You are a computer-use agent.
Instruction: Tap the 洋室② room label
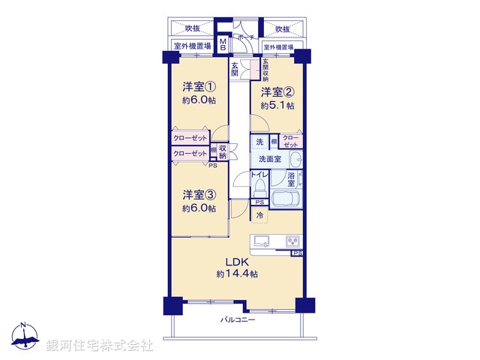pos(277,93)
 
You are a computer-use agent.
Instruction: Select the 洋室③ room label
pos(199,195)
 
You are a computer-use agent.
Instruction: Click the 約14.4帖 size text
pos(238,274)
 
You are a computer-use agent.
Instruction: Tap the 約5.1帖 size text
pos(277,106)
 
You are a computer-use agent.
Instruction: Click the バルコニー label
pos(238,320)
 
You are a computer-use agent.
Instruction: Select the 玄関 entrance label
pos(235,70)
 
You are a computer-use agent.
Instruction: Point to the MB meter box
pos(223,44)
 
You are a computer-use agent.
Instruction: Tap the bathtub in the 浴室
pos(286,201)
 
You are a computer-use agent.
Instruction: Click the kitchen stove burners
pos(291,241)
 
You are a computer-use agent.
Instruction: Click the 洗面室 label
pos(269,159)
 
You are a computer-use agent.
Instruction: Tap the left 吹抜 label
pos(193,28)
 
